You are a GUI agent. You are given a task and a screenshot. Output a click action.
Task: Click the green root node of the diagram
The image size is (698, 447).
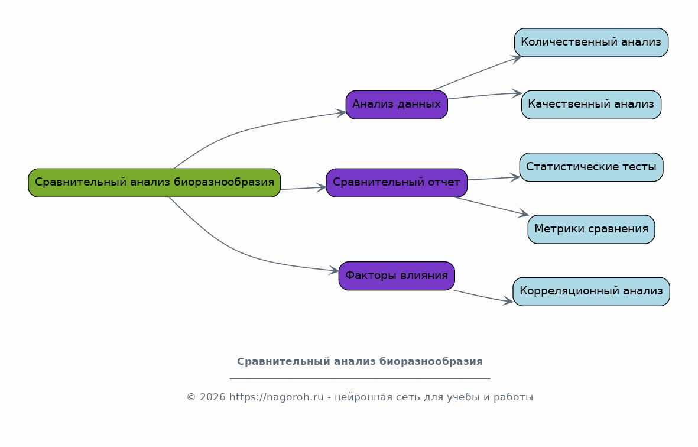pos(154,183)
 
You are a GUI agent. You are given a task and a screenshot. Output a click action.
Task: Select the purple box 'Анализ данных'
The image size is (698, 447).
pos(397,105)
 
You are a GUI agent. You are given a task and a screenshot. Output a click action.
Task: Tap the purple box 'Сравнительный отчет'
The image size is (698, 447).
pos(397,183)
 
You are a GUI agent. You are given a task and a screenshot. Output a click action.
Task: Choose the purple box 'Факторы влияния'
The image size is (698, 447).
pos(397,276)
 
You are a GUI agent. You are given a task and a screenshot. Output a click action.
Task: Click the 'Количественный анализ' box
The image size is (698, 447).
pos(591,43)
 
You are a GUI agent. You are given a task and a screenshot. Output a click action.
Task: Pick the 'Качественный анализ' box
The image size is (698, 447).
pos(591,105)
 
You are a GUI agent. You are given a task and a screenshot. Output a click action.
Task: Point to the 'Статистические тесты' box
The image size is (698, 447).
pos(591,167)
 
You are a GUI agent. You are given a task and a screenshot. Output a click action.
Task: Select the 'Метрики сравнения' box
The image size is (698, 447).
pos(591,229)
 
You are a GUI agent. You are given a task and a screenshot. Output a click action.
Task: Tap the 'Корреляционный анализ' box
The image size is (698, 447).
pos(591,291)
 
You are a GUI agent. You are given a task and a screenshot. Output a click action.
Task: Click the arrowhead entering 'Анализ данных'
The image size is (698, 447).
pos(341,113)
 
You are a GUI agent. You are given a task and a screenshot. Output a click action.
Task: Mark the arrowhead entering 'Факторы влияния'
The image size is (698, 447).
pos(334,270)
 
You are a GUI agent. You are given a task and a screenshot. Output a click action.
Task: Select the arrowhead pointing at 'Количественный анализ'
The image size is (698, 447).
pos(517,59)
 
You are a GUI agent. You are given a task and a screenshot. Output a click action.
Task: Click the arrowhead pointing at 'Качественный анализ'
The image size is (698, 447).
pos(517,93)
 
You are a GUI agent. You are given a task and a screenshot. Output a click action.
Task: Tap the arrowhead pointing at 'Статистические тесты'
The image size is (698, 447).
pos(515,177)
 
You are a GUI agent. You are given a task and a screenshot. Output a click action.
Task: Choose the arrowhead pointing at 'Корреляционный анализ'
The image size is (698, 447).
pos(508,302)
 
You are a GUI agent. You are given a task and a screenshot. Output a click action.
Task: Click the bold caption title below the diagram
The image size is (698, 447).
pos(360,361)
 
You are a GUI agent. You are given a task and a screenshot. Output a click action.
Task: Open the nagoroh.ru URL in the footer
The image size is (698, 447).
pos(277,397)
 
